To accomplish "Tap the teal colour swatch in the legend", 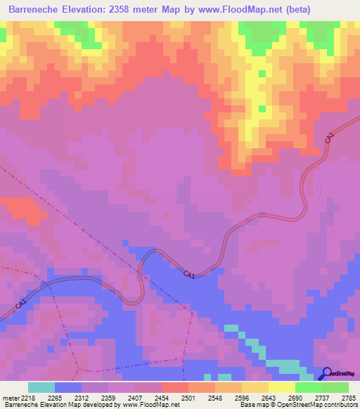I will [41, 387].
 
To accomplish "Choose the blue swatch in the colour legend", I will [67, 387].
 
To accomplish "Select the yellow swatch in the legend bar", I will [281, 387].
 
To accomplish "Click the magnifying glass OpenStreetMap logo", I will [326, 373].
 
